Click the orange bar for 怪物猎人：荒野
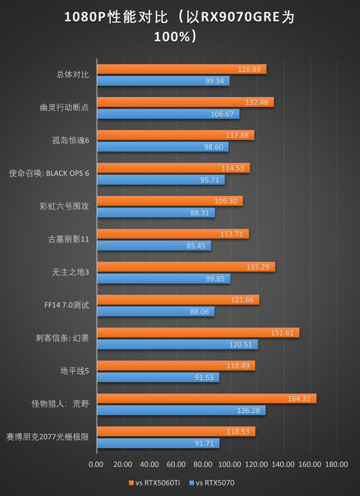tap(206, 398)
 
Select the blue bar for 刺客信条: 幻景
tap(177, 345)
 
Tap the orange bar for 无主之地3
tap(186, 267)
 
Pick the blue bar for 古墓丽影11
tap(154, 246)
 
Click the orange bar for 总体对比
tap(181, 69)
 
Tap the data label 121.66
tap(242, 300)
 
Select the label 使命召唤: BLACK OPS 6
tap(49, 173)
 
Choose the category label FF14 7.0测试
tap(63, 305)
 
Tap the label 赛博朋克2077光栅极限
tap(47, 437)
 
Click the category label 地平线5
tap(75, 371)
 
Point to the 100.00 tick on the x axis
tap(230, 465)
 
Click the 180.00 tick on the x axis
tap(337, 465)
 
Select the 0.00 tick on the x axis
tap(96, 465)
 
